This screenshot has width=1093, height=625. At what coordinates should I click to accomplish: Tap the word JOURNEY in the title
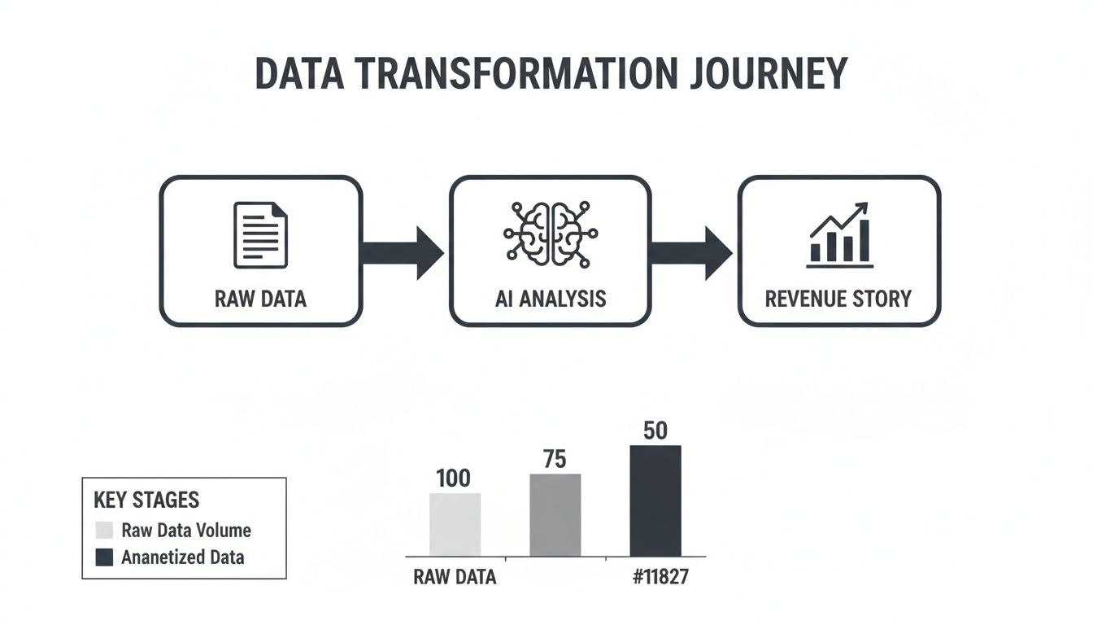(769, 73)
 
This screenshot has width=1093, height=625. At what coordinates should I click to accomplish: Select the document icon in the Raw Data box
(260, 235)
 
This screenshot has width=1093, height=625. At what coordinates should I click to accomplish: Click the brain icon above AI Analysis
(551, 234)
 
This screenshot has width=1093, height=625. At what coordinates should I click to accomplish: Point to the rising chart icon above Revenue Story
(839, 235)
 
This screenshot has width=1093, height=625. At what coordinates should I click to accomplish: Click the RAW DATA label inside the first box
(260, 299)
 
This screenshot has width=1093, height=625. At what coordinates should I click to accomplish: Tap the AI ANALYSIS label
(551, 299)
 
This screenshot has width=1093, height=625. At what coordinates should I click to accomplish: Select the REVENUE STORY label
(838, 299)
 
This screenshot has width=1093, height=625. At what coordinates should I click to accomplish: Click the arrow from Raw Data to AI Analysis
(402, 253)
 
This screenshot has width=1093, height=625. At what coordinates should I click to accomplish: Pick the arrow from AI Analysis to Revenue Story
(690, 253)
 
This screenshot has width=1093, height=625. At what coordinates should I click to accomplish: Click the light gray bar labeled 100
(455, 524)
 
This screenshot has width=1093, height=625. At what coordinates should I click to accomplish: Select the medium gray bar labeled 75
(555, 515)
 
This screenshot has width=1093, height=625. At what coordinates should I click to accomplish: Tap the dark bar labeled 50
(655, 501)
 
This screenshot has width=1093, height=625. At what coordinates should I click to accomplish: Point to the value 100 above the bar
(453, 478)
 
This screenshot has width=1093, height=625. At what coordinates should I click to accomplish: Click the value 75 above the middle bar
(555, 459)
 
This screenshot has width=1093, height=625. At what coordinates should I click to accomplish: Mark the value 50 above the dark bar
(655, 431)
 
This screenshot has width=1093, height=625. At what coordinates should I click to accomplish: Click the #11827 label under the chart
(660, 577)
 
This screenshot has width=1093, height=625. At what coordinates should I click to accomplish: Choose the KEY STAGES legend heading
(146, 500)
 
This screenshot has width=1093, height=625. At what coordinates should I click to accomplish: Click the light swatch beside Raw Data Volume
(104, 530)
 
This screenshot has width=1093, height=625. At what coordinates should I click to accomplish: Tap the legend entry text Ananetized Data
(182, 557)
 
